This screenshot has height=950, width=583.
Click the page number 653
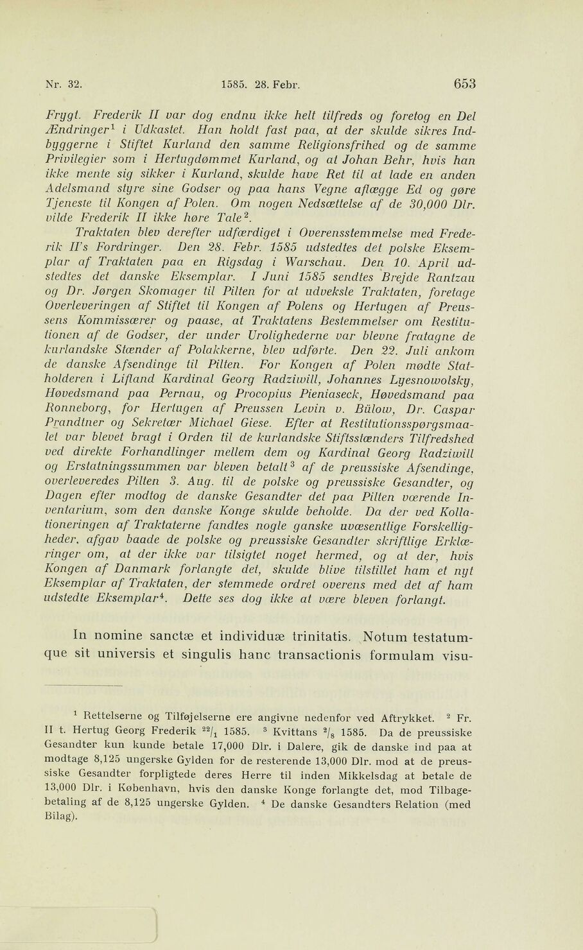tap(464, 83)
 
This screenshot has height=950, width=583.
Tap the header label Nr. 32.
tap(62, 84)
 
